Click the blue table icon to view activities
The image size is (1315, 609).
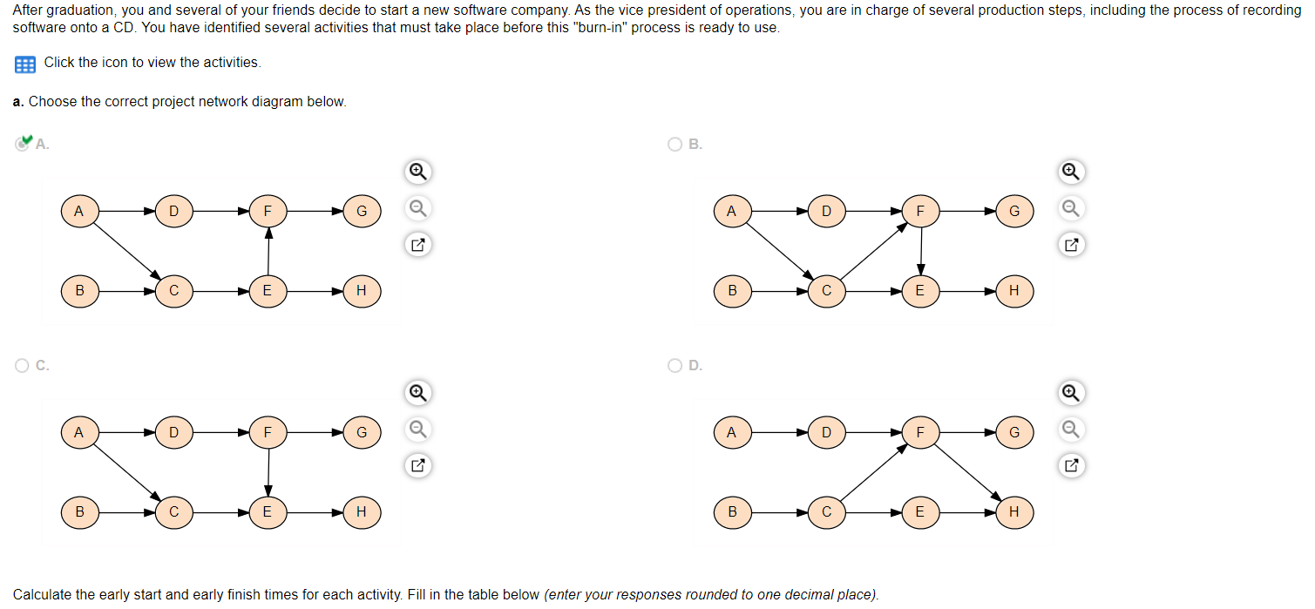click(x=24, y=64)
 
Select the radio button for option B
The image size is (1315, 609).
click(x=674, y=145)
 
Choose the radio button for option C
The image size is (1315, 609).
click(x=22, y=366)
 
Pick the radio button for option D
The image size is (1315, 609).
click(x=674, y=366)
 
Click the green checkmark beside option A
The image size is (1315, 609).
click(x=26, y=139)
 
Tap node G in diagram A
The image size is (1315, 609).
click(x=362, y=211)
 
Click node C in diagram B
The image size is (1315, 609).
click(x=827, y=291)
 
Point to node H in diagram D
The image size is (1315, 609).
click(x=1014, y=512)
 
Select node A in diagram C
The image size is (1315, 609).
click(x=79, y=433)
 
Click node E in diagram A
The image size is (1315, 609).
click(x=268, y=291)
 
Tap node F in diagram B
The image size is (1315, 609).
click(x=920, y=211)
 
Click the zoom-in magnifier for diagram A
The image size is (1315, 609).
click(x=418, y=172)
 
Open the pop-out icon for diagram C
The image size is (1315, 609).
click(x=418, y=466)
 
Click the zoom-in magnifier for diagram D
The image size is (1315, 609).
click(x=1071, y=393)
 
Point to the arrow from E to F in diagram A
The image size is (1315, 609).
click(x=268, y=251)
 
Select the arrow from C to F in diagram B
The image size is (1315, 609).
click(x=874, y=251)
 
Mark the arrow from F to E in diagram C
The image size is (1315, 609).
click(x=268, y=472)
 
